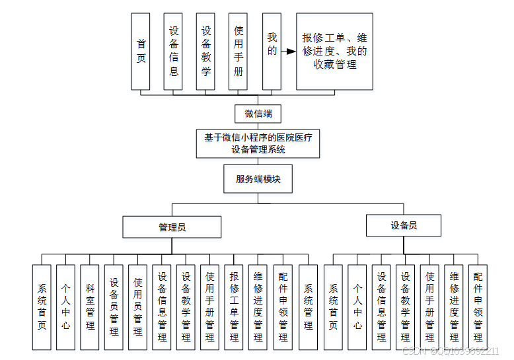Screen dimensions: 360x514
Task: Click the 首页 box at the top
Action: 141,51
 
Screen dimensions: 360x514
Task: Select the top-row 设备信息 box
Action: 173,51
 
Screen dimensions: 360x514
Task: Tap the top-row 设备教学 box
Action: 205,51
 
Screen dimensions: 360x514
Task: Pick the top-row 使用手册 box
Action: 238,51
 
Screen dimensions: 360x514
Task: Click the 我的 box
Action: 271,51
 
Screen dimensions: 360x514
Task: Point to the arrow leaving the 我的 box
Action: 288,51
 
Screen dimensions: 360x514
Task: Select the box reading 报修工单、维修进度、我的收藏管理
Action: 334,51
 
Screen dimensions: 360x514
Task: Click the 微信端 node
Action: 258,114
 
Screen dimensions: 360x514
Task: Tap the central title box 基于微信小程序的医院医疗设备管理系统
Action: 258,143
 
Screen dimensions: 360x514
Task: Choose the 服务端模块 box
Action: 258,178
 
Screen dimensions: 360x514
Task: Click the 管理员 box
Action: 172,227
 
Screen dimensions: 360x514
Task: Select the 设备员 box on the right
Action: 404,226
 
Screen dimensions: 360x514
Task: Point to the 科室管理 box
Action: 90,307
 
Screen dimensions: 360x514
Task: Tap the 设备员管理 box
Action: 114,307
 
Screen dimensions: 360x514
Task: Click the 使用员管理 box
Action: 137,307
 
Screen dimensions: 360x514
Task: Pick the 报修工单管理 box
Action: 234,307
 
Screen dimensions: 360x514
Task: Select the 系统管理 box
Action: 308,307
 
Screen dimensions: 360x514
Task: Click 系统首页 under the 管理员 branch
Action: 42,307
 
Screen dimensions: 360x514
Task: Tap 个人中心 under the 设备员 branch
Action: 357,307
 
